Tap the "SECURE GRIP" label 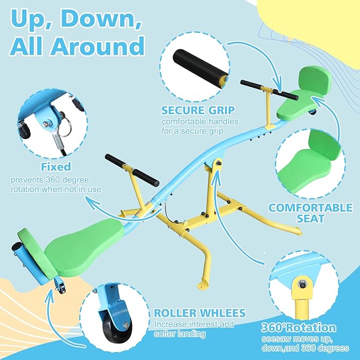pyautogui.click(x=198, y=110)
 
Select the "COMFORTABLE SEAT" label pyautogui.click(x=310, y=213)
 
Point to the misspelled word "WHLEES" pyautogui.click(x=222, y=313)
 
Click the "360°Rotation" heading pyautogui.click(x=298, y=328)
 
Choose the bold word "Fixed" pyautogui.click(x=56, y=166)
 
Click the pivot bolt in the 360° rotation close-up pyautogui.click(x=303, y=285)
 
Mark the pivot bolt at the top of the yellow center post pyautogui.click(x=218, y=163)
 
